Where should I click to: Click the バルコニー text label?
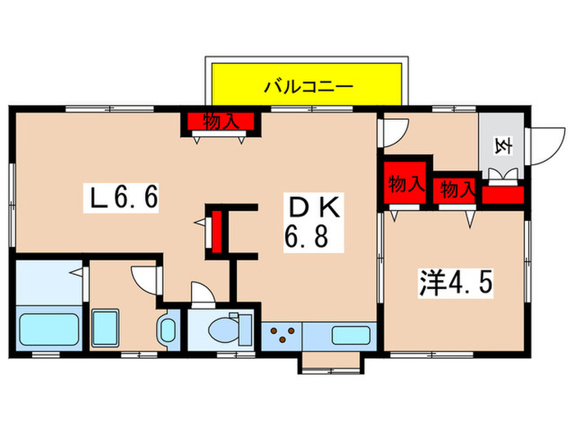coord(307,85)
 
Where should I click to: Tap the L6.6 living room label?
coord(125,198)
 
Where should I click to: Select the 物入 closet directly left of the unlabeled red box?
coord(457,190)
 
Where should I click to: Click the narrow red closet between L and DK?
coord(217,232)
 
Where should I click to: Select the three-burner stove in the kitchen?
coord(283,336)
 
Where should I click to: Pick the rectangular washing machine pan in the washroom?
coord(107,329)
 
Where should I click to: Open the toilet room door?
coord(199,292)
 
